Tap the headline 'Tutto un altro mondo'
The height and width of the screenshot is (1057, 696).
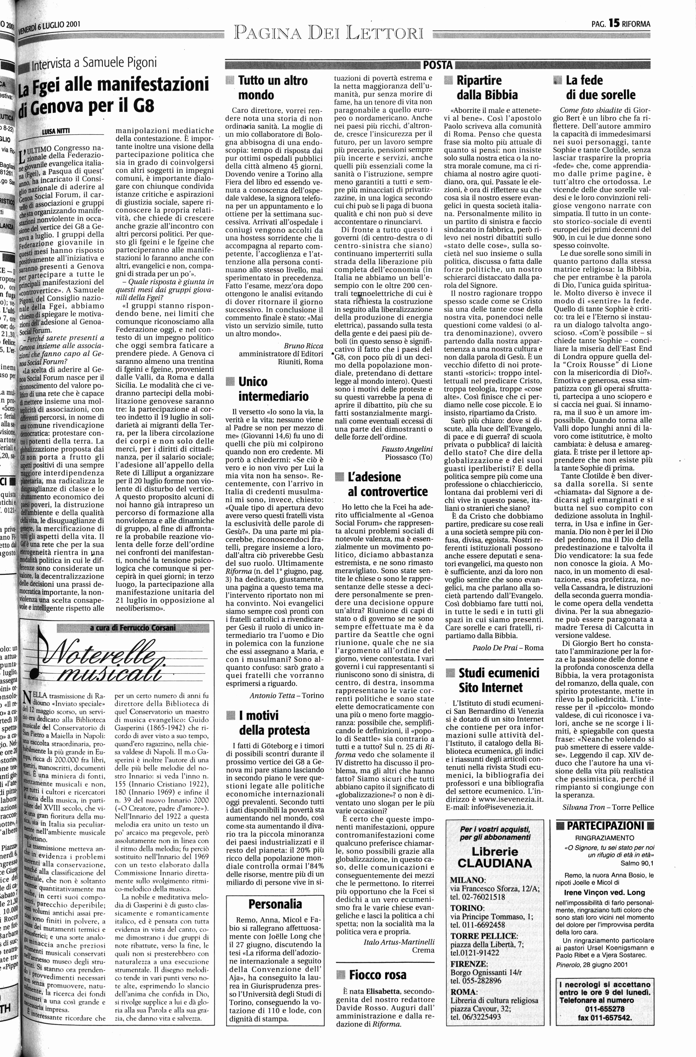pyautogui.click(x=272, y=88)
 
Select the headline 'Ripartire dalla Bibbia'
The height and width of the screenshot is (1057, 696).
pyautogui.click(x=487, y=87)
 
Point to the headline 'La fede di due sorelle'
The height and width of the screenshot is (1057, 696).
pyautogui.click(x=600, y=87)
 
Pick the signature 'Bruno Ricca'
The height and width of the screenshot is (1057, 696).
pyautogui.click(x=303, y=346)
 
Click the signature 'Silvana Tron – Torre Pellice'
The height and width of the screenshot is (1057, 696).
pyautogui.click(x=608, y=807)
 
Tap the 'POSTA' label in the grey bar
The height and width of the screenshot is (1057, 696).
pyautogui.click(x=437, y=66)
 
